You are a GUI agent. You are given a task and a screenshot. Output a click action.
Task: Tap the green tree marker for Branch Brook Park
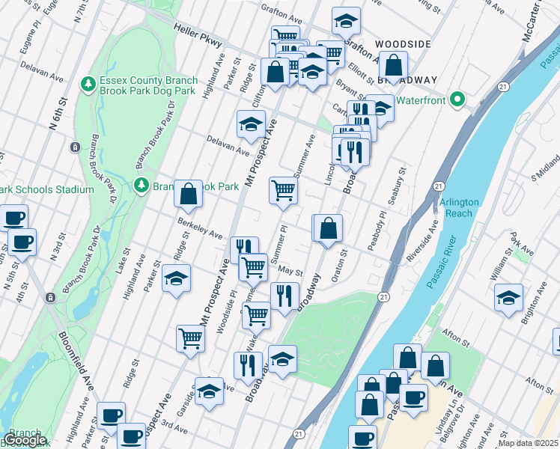(x=140, y=185)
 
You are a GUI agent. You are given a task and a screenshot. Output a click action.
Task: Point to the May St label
(x=290, y=272)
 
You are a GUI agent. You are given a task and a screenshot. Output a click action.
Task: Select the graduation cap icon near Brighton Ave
(x=508, y=297)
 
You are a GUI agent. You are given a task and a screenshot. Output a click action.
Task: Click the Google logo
(x=25, y=440)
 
